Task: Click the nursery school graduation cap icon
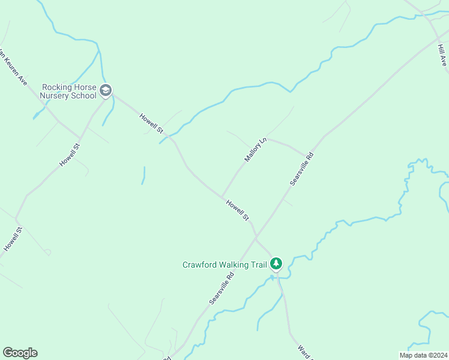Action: coord(106,91)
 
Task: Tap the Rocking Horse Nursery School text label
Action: coord(68,91)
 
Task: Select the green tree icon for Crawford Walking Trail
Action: coord(276,263)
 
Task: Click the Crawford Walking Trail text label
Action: coord(224,264)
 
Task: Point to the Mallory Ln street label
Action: coord(255,151)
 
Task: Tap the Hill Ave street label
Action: coord(442,53)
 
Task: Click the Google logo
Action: coord(20,353)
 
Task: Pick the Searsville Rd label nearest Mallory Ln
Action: coord(302,168)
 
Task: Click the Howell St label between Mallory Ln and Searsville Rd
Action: coord(237,210)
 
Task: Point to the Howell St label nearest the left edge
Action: coord(12,238)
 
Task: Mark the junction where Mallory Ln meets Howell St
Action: coord(222,196)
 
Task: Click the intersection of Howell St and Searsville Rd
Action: coord(256,238)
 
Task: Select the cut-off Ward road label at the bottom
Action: coord(305,352)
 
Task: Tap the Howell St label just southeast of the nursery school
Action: coord(151,123)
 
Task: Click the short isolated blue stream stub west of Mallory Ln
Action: coord(143,175)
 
